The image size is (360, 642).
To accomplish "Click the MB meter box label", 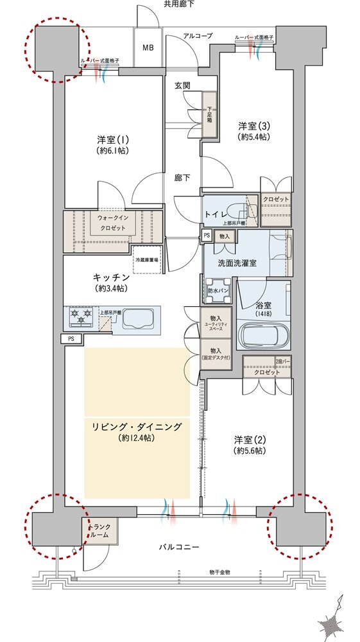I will (148, 48).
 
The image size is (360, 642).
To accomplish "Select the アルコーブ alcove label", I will (198, 36).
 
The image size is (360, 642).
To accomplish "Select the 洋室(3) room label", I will (253, 132).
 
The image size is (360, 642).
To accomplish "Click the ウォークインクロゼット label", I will (113, 222).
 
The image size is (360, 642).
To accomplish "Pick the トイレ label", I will (214, 213).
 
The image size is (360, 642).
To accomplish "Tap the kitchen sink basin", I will (137, 319).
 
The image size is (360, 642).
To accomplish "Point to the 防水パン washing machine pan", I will (218, 290).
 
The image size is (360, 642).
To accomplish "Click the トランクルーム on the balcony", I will (99, 530).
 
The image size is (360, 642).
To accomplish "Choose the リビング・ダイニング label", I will (136, 432).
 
